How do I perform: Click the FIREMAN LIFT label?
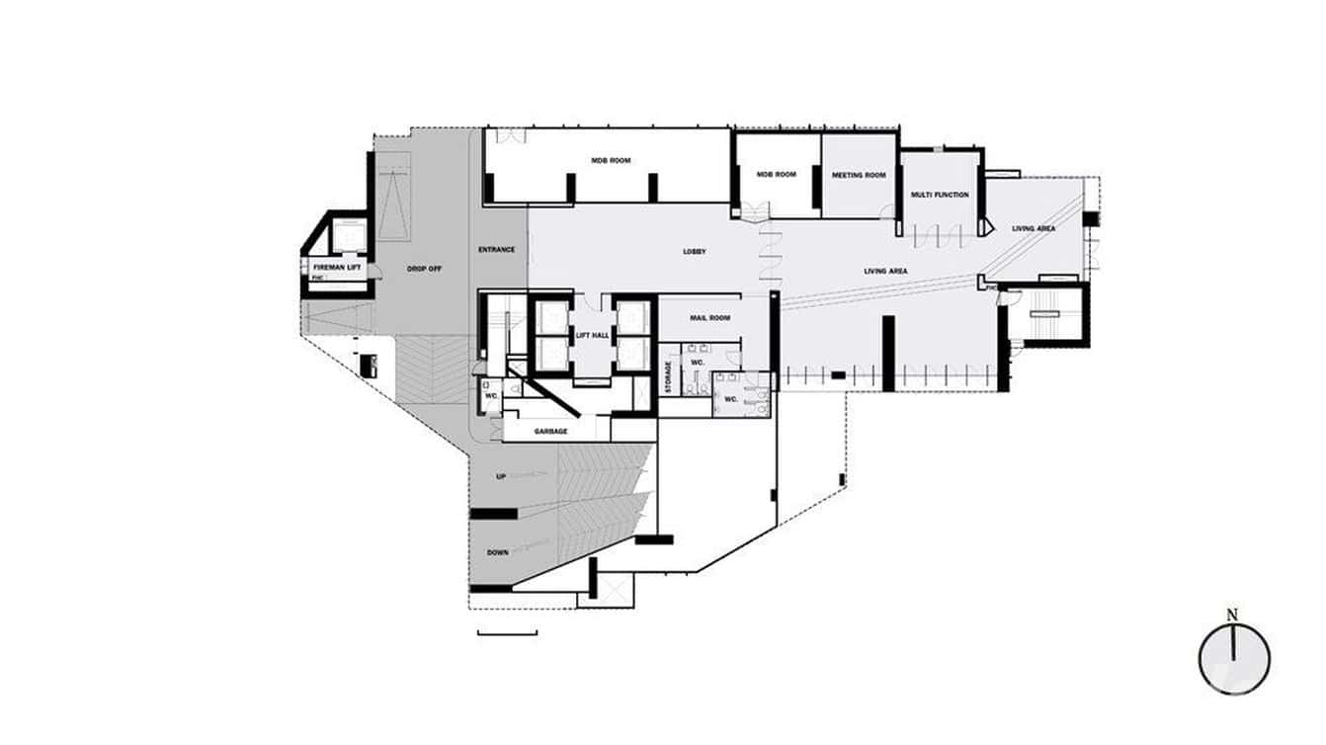pyautogui.click(x=337, y=268)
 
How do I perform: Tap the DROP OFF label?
pyautogui.click(x=423, y=268)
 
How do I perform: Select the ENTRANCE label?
pyautogui.click(x=496, y=249)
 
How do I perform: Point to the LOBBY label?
pyautogui.click(x=695, y=251)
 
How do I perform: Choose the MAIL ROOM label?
pyautogui.click(x=708, y=318)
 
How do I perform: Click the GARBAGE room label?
pyautogui.click(x=550, y=432)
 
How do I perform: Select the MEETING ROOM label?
pyautogui.click(x=859, y=175)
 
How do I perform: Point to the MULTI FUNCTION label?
pyautogui.click(x=940, y=195)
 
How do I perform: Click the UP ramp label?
pyautogui.click(x=501, y=477)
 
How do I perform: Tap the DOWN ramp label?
pyautogui.click(x=498, y=552)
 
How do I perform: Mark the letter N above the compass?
pyautogui.click(x=1232, y=616)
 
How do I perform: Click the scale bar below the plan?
pyautogui.click(x=507, y=632)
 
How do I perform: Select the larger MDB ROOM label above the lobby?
pyautogui.click(x=611, y=160)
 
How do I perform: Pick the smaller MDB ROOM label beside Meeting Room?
pyautogui.click(x=776, y=175)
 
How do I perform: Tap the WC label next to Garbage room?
pyautogui.click(x=490, y=396)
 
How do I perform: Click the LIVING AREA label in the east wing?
pyautogui.click(x=1034, y=228)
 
